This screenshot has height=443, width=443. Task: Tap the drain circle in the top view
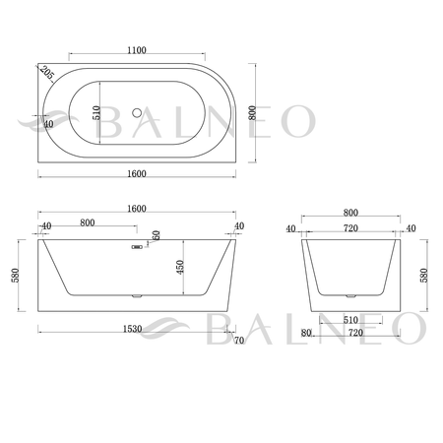[138, 113]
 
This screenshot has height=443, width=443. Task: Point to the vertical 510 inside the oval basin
[97, 113]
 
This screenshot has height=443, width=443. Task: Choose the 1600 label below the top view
[137, 174]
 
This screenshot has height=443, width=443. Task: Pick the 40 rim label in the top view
[48, 125]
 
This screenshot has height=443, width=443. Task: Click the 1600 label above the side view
[137, 209]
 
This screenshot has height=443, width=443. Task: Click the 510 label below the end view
[350, 319]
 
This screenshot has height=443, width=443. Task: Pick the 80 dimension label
[307, 335]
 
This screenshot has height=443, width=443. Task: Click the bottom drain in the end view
[350, 294]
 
